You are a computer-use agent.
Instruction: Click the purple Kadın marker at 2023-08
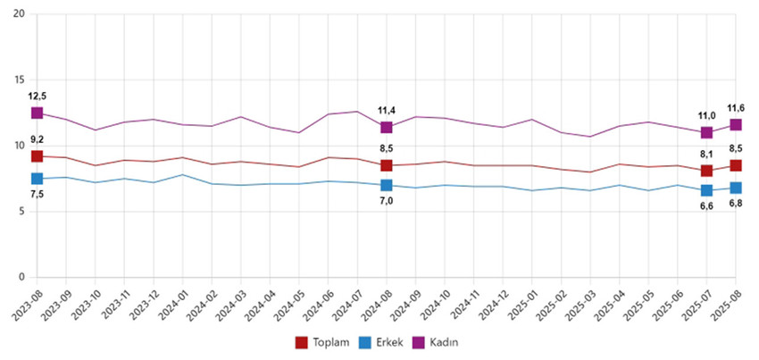(x=37, y=113)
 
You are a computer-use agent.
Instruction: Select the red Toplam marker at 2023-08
(x=37, y=156)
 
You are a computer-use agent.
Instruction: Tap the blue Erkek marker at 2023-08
(x=37, y=179)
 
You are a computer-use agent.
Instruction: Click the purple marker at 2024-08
(x=386, y=128)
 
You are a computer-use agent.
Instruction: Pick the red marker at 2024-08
(x=386, y=165)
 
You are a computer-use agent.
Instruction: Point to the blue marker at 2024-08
(x=386, y=185)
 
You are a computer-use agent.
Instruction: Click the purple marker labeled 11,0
(x=706, y=132)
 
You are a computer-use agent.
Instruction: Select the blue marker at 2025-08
(x=736, y=188)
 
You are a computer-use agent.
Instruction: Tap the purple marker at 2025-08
(x=736, y=125)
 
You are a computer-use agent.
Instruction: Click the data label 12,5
(x=37, y=96)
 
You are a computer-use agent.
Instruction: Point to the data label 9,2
(x=37, y=139)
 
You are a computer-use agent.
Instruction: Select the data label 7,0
(x=386, y=202)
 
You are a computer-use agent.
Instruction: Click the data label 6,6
(x=706, y=206)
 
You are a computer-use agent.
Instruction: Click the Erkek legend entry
(x=384, y=342)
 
